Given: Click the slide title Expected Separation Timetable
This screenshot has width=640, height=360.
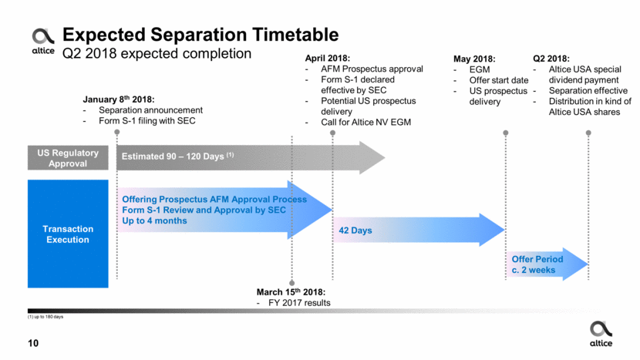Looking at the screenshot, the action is [200, 35].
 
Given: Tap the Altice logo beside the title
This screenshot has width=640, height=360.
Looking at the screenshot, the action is [43, 41].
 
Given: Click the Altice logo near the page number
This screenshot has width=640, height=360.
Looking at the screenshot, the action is [601, 334].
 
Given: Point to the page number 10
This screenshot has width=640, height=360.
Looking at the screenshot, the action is [33, 343].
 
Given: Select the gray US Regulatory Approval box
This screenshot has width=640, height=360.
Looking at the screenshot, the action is [68, 157].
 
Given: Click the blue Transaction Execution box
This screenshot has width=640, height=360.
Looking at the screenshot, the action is [68, 234].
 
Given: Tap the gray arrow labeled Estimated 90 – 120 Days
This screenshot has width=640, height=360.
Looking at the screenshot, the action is [250, 157].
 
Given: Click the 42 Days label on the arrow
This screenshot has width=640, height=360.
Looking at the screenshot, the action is [355, 230].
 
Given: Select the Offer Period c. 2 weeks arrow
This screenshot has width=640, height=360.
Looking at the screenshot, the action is [547, 264].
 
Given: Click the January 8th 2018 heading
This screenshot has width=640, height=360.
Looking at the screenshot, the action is [119, 99].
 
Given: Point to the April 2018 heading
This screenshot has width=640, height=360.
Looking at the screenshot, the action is [328, 59].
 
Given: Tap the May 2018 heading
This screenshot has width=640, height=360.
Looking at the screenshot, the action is [474, 59].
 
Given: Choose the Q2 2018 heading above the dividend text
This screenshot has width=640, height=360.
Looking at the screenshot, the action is [551, 59].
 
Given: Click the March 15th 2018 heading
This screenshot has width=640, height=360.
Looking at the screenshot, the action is [291, 292].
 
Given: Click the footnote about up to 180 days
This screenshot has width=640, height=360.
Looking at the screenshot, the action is [45, 317].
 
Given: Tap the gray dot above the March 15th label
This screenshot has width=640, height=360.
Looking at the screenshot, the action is [291, 283].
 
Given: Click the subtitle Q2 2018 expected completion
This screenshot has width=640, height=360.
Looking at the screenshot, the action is [157, 53].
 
